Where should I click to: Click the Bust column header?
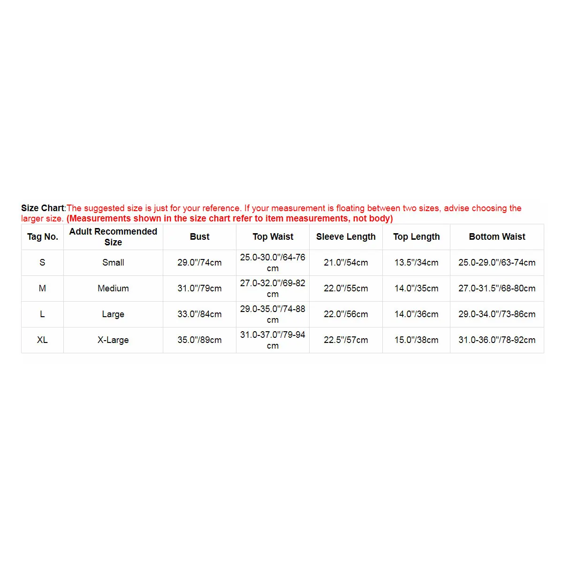(x=199, y=237)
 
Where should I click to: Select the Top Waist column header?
(x=273, y=237)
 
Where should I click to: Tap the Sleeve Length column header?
(x=346, y=237)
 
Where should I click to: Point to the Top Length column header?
(x=416, y=237)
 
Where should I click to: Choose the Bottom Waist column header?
(x=497, y=237)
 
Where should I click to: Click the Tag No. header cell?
(x=42, y=237)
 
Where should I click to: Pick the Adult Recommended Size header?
(x=113, y=237)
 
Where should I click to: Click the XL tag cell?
(x=42, y=340)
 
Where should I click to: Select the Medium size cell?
(x=113, y=288)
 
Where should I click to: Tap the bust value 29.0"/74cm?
(x=199, y=263)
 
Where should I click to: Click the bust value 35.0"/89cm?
(x=199, y=340)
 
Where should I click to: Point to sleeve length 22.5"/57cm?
(x=346, y=340)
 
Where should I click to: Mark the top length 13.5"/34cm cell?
(x=416, y=263)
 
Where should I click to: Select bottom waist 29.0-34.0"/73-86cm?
(x=497, y=314)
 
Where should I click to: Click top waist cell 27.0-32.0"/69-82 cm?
(x=273, y=288)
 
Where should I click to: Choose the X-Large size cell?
(x=113, y=340)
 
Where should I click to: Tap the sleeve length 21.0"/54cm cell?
(x=346, y=263)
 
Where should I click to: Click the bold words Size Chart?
(x=43, y=208)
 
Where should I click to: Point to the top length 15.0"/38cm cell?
(x=416, y=340)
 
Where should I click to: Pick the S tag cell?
(x=42, y=263)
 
